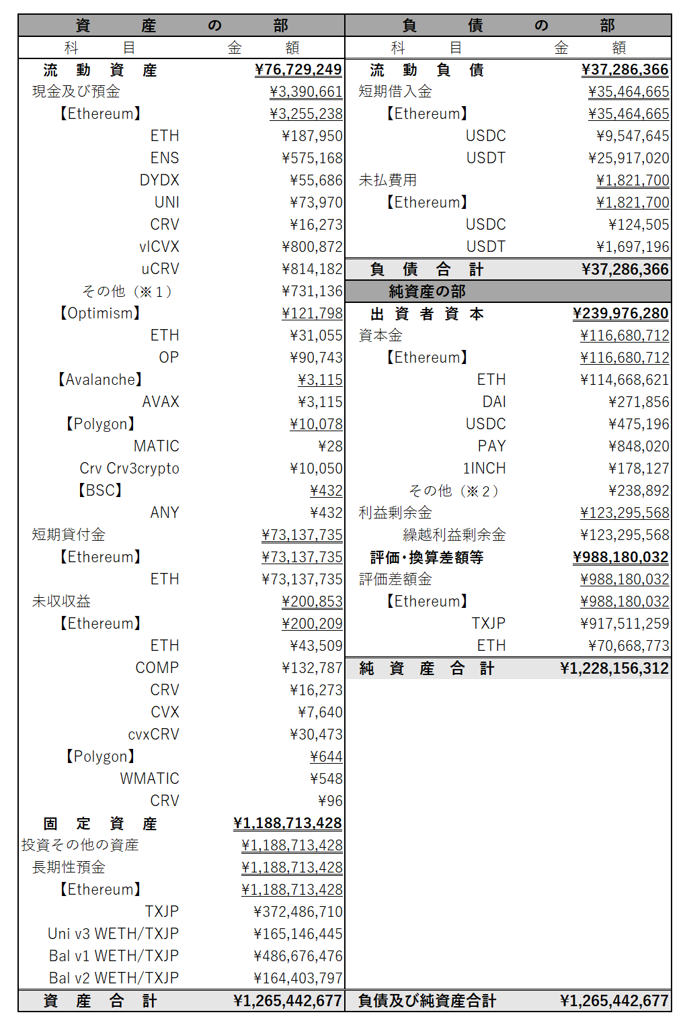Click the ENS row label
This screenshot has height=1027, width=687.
point(165,158)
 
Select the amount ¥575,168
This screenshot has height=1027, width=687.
point(313,158)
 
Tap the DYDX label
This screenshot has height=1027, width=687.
point(159,180)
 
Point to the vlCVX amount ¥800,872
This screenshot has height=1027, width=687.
point(313,247)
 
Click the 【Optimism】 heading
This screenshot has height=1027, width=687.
point(100,313)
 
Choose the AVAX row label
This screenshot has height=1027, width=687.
point(161,402)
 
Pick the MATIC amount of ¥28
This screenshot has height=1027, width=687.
point(330,446)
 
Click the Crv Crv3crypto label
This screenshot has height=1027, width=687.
point(129,468)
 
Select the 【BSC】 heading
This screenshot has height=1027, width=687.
point(100,490)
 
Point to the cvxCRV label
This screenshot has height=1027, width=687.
point(153,734)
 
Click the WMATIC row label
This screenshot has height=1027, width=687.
point(149,778)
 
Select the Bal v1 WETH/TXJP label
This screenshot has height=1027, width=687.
point(114,956)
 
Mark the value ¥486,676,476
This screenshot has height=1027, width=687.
point(298,956)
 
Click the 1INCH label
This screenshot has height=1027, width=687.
point(484,468)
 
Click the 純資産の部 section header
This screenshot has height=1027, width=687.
point(427,292)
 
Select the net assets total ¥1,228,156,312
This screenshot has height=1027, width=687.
point(614,668)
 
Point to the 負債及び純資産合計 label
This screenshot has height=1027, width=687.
point(427,1001)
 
